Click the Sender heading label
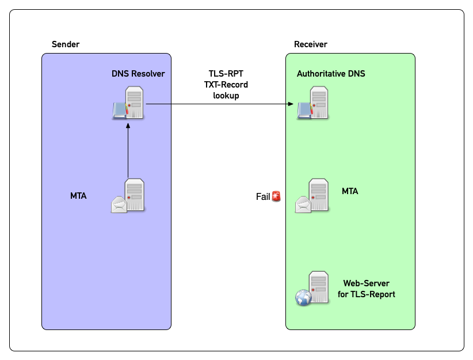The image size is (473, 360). click(66, 44)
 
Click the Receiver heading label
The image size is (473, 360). click(310, 44)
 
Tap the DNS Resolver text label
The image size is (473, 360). click(138, 74)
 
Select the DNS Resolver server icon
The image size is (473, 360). click(129, 103)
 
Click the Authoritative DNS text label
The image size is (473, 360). click(331, 74)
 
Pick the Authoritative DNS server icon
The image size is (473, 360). click(314, 103)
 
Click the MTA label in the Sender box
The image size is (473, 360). click(78, 196)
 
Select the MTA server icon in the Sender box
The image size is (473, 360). click(129, 196)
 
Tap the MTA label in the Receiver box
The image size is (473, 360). click(350, 191)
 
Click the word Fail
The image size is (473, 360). click(263, 197)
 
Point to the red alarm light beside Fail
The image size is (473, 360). click(277, 196)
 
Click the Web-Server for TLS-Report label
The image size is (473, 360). click(366, 289)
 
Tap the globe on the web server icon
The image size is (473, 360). click(303, 297)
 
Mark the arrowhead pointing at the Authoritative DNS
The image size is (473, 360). click(291, 104)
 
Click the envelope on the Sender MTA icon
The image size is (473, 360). click(119, 204)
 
